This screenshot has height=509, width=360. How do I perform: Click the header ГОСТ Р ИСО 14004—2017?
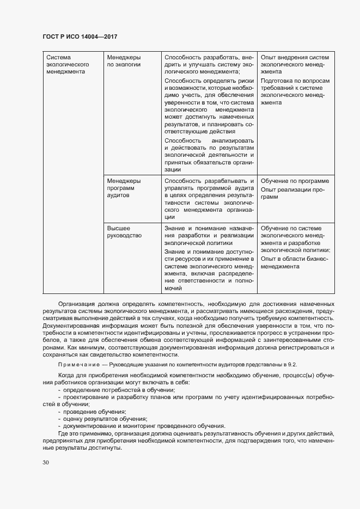click(80, 37)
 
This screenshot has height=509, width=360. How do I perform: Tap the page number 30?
click(46, 463)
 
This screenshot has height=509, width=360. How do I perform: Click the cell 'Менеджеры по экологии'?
click(124, 60)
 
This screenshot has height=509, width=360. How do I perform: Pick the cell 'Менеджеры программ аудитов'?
click(124, 188)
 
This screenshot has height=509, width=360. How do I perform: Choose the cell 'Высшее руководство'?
click(125, 232)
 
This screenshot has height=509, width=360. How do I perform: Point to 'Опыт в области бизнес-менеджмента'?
click(294, 263)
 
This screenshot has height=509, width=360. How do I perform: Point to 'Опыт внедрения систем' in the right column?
click(295, 57)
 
